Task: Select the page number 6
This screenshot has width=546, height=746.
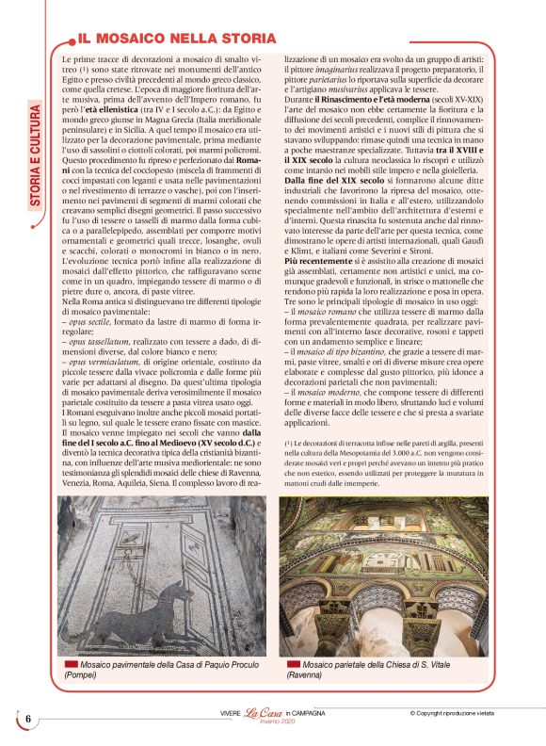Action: pos(28,719)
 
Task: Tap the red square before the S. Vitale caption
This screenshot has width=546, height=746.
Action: pos(292,665)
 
